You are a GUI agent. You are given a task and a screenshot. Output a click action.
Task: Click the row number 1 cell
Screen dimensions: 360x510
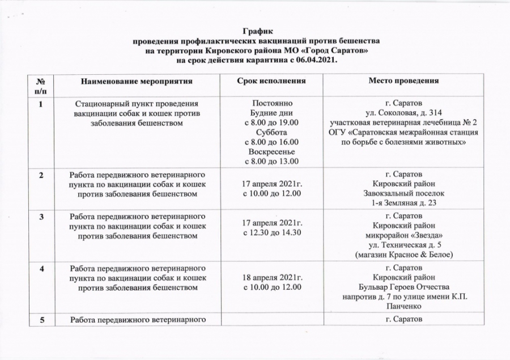point(42,104)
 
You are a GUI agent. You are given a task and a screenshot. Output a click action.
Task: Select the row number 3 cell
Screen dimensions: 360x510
point(42,217)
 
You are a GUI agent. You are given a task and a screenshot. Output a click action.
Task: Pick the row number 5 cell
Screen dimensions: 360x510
point(42,321)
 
